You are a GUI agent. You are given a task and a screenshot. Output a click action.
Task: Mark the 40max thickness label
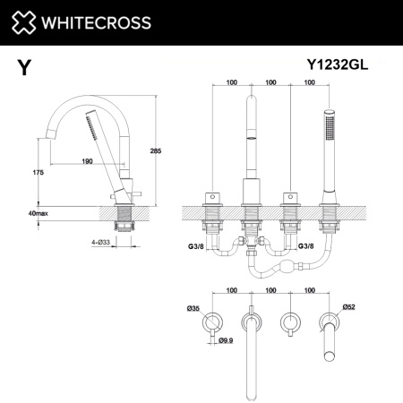[x=39, y=213]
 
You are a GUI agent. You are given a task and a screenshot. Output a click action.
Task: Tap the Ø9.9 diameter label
[x=227, y=340]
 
